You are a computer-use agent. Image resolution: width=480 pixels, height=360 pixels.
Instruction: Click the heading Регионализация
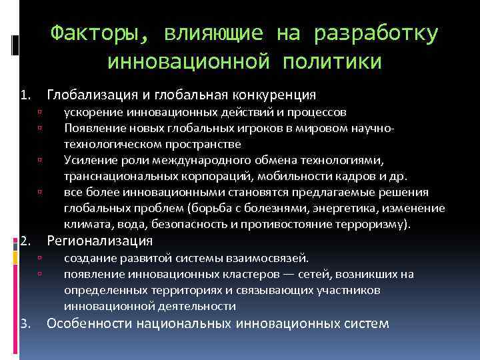100,240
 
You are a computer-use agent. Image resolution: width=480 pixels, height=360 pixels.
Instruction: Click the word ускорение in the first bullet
91,113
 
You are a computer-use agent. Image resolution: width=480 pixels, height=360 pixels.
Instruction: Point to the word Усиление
90,160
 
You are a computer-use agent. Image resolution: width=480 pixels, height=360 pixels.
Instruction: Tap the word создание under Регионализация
89,259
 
